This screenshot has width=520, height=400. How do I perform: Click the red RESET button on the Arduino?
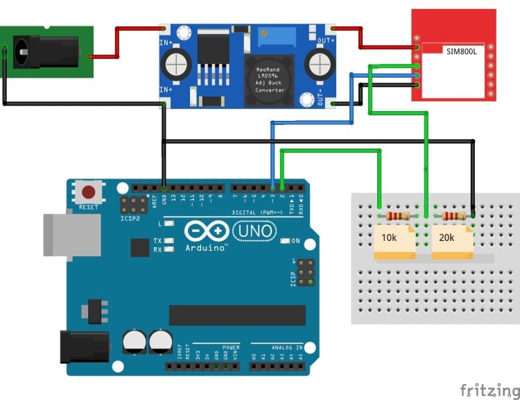89,192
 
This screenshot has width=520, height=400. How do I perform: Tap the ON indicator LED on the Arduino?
285,242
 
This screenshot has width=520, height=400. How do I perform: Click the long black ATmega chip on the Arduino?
237,315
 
